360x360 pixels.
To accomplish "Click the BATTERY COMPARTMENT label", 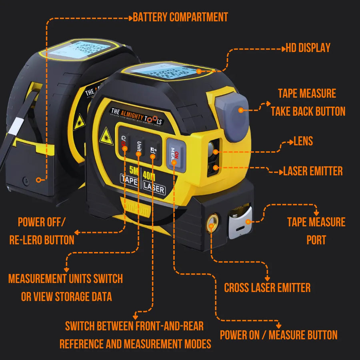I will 180,17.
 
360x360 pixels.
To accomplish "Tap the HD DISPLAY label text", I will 308,48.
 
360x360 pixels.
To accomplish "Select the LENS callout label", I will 303,141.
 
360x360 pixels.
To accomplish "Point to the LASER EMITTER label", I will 313,171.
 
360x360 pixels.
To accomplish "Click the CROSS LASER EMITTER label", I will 267,288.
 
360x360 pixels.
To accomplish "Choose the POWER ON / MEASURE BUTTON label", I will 278,335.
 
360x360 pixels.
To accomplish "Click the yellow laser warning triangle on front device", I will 106,136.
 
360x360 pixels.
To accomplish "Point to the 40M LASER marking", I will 154,182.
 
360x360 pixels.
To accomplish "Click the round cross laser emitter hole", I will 212,221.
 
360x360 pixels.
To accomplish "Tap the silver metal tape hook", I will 240,222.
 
